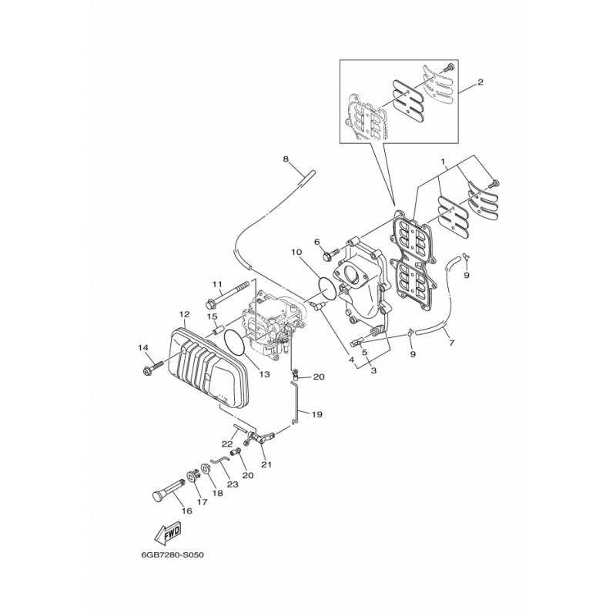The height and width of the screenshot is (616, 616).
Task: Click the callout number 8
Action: (286, 159)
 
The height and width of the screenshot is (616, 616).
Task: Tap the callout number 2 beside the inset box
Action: (480, 82)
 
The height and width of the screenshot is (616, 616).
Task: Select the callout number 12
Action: (184, 314)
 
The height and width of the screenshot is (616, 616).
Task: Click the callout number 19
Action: (316, 414)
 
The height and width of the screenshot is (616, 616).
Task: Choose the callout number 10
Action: (296, 253)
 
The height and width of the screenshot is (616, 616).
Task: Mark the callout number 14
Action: (142, 348)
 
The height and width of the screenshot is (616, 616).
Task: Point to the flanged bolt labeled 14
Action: (151, 368)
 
